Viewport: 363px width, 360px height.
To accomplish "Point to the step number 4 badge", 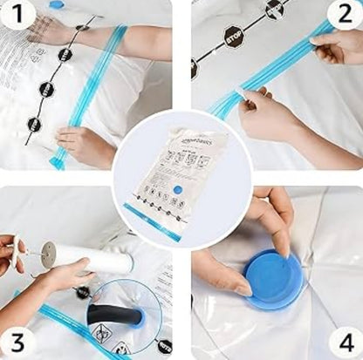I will tap(343, 339).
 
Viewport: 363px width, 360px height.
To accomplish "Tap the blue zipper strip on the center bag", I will tap(153, 223).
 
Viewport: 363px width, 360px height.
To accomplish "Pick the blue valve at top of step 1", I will tap(56, 4).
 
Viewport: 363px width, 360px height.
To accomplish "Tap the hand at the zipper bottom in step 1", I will tap(83, 145).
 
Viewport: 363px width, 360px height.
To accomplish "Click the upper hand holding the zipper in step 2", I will tap(336, 48).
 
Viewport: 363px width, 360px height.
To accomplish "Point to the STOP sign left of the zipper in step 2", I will tap(233, 37).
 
